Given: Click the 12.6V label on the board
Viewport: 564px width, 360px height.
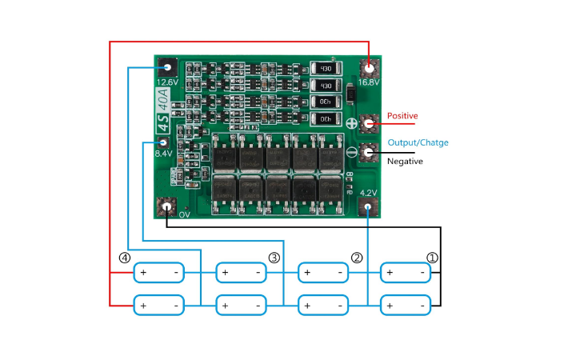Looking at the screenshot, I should (166, 82).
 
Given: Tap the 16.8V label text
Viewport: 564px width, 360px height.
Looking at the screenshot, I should (369, 82).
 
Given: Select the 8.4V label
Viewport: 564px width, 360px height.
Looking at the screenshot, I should (163, 154).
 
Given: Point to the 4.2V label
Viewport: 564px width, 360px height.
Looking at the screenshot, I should (369, 193).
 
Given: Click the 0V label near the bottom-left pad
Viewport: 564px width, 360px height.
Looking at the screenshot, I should (184, 214).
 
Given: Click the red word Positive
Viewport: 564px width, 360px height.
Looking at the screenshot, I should (402, 116).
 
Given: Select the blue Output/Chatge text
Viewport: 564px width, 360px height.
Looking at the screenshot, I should (418, 142).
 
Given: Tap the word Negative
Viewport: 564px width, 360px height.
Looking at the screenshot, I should (405, 161).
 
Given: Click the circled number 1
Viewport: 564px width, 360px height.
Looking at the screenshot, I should (432, 258).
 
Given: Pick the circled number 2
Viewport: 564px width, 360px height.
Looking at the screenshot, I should (357, 258).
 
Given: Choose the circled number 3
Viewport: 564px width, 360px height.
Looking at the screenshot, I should (274, 258).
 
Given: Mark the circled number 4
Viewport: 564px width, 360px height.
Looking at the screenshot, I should (124, 258).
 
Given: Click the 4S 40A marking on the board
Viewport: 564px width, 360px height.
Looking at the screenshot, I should (162, 112).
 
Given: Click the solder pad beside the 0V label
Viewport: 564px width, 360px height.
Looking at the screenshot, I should (166, 207).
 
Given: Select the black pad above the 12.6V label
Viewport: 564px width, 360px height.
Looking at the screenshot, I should (166, 67).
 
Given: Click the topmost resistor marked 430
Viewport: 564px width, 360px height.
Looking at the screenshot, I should (324, 70).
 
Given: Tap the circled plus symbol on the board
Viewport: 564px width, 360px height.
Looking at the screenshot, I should (352, 124).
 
